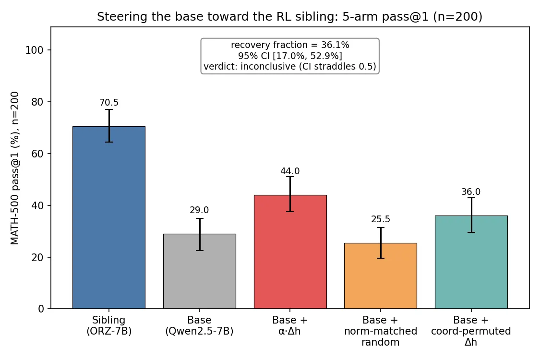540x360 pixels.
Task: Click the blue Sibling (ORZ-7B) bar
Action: coord(109,217)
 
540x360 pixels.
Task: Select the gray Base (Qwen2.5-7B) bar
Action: coord(199,271)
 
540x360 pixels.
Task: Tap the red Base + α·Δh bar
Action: coord(290,252)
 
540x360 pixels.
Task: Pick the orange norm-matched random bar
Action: coord(381,276)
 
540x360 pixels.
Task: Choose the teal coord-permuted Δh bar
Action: coord(471,262)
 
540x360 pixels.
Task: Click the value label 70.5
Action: coord(109,103)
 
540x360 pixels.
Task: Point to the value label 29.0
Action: coord(199,210)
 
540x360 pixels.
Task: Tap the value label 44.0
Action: coord(290,171)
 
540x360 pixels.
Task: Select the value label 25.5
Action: coord(381,219)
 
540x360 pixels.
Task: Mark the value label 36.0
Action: coord(471,192)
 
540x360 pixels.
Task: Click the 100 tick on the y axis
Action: coord(35,50)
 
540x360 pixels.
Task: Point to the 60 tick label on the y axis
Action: coord(37,154)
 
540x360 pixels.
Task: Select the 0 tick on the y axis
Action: coord(41,309)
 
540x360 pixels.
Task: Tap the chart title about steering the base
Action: coord(289,16)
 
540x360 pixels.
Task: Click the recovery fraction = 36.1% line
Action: coord(290,45)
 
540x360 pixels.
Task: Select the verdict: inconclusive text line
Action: coord(290,67)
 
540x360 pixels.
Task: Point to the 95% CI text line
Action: coord(290,56)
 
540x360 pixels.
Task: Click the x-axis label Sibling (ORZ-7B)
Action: coord(109,325)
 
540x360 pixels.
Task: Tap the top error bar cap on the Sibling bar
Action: coord(109,109)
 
